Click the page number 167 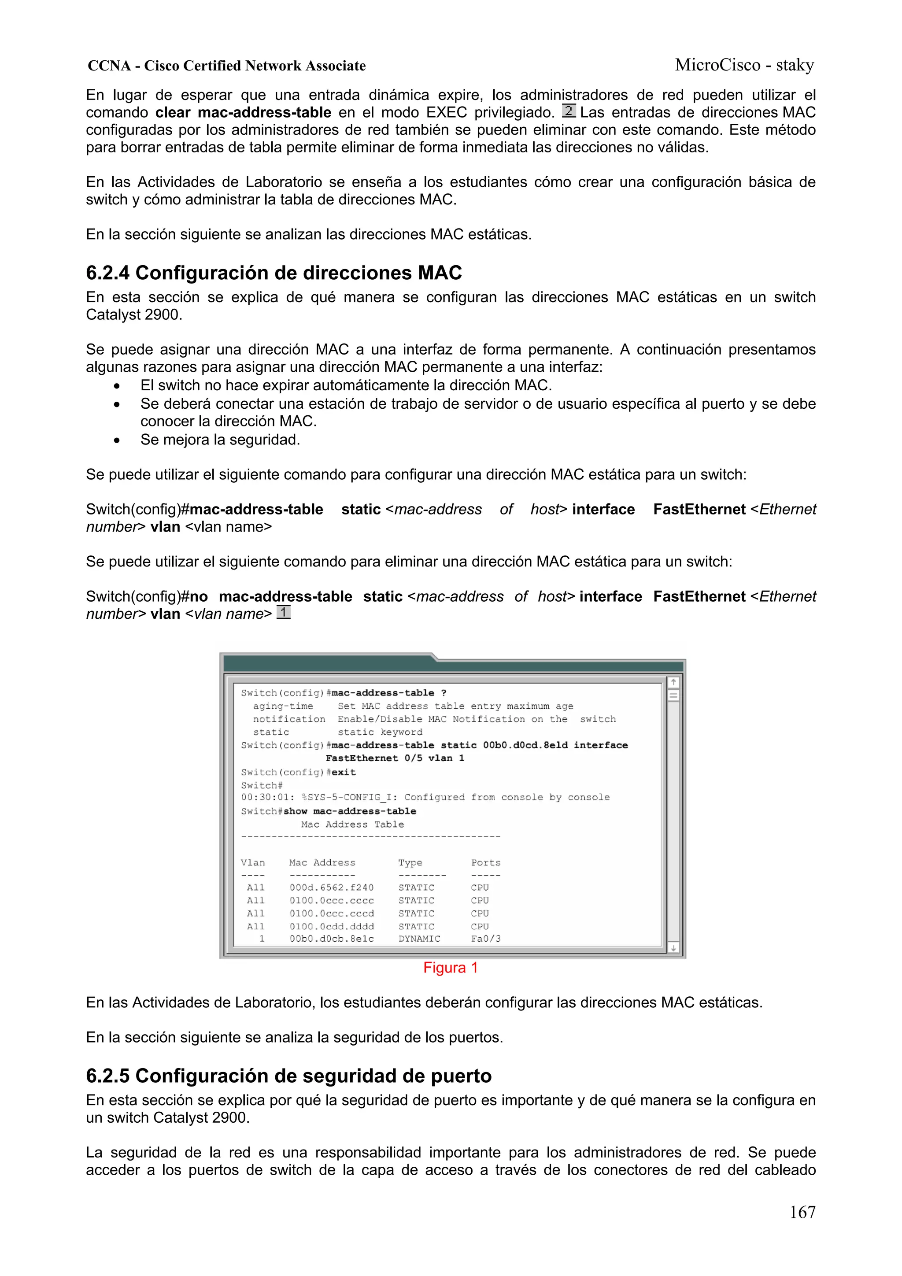(x=802, y=1212)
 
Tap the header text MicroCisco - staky (x=744, y=65)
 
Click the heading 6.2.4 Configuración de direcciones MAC (x=274, y=273)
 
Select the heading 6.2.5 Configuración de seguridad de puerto (x=288, y=1076)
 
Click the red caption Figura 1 (x=450, y=968)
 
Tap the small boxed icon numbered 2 (x=569, y=111)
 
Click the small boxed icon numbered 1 (x=284, y=612)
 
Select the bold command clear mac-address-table (x=243, y=113)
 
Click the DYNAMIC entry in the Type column (x=419, y=939)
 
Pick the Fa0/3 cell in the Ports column (x=486, y=939)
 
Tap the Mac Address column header (x=322, y=862)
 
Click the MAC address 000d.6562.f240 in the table (x=331, y=888)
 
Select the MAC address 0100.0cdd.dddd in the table (x=331, y=926)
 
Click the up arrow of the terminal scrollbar (x=673, y=682)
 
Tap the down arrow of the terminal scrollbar (x=673, y=948)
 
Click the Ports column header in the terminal (x=486, y=862)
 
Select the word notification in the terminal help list (x=289, y=719)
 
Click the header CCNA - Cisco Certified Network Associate (x=227, y=66)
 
